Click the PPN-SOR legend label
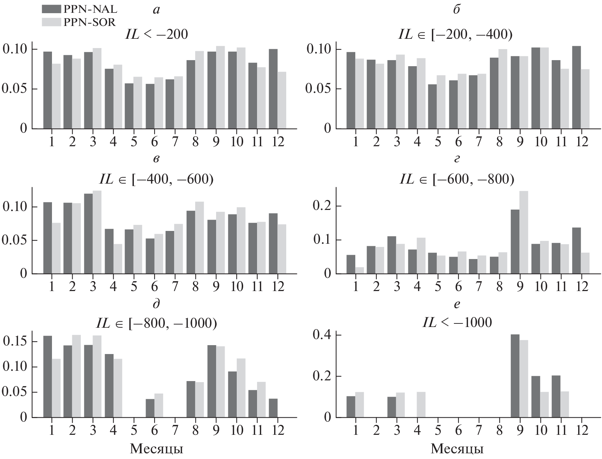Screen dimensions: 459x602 coord(89,22)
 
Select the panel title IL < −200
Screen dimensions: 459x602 coord(156,35)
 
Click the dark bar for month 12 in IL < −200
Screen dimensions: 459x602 coord(273,89)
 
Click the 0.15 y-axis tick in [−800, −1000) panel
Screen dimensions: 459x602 coord(15,342)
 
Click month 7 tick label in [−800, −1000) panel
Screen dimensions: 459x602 coord(175,431)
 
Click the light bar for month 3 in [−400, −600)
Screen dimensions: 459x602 coord(97,232)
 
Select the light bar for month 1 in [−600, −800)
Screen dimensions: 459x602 coord(360,270)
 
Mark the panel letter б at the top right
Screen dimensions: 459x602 coord(457,10)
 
